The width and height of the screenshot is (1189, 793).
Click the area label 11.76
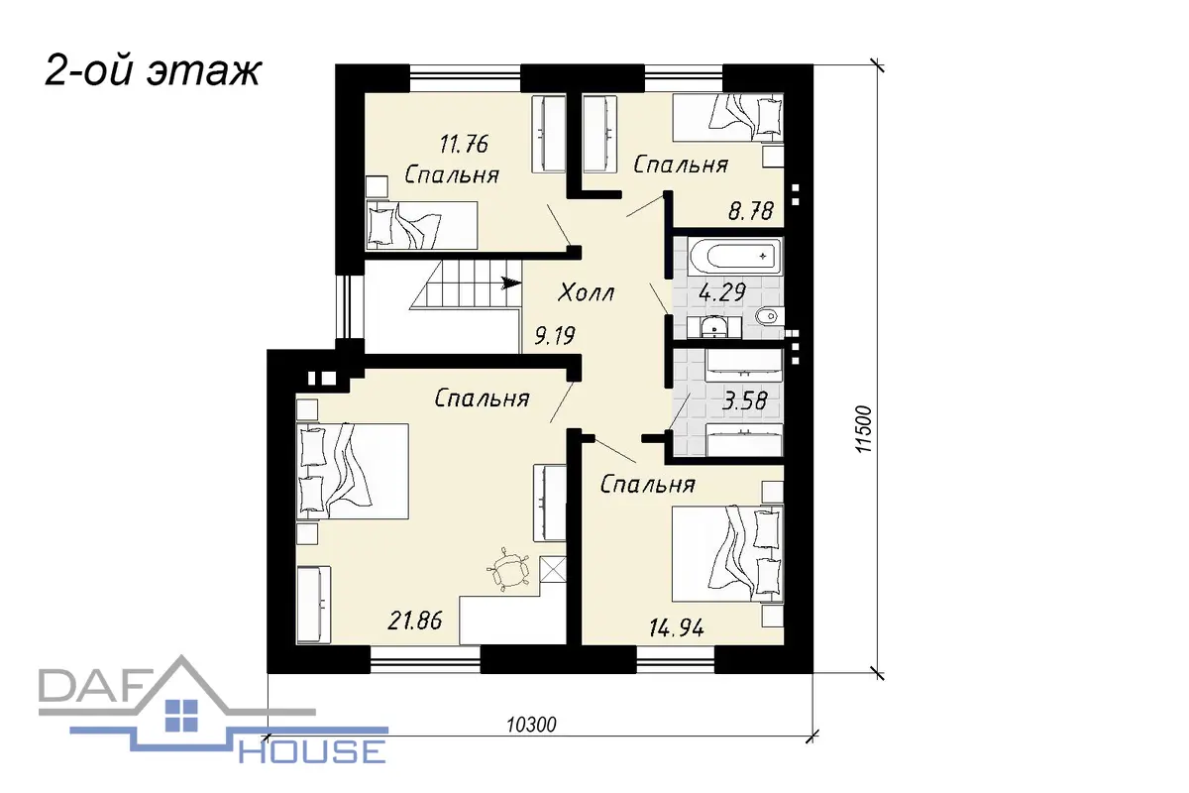point(464,145)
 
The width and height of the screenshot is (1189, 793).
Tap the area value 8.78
point(751,211)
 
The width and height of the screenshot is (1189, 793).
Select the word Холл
point(586,292)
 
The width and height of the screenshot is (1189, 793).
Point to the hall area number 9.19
point(555,336)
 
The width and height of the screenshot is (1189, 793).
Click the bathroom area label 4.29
point(722,292)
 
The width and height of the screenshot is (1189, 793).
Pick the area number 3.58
point(745,401)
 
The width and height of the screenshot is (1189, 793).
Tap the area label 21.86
point(415,621)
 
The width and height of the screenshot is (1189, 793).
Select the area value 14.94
point(677,628)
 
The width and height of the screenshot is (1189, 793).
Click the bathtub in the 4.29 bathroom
point(734,257)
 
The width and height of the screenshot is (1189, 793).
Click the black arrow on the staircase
point(511,283)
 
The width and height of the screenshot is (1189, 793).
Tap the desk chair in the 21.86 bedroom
point(508,569)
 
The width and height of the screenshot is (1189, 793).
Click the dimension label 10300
point(531,725)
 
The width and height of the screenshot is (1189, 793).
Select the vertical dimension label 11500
point(864,429)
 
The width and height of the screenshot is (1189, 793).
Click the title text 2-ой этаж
point(153,71)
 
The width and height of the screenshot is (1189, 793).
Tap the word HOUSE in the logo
point(312,751)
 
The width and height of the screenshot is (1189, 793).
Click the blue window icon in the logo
point(181,716)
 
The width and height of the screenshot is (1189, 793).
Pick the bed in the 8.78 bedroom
point(728,118)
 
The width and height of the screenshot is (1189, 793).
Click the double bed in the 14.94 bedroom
point(727,553)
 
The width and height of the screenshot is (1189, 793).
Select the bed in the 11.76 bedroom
point(422,225)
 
